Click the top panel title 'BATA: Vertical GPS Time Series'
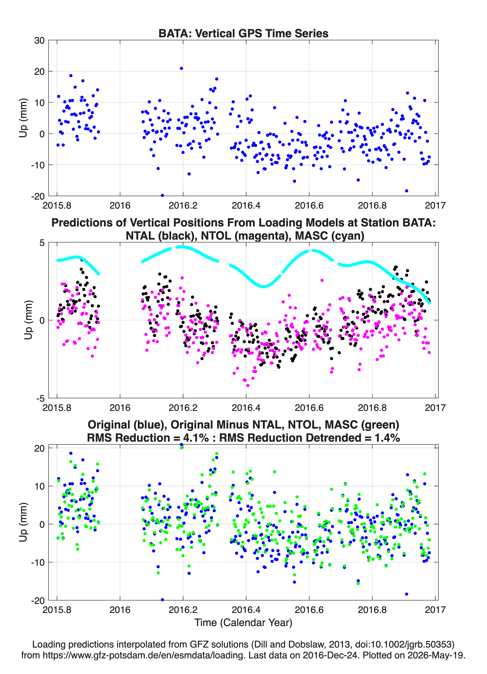[x=243, y=33]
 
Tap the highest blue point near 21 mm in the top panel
[x=181, y=68]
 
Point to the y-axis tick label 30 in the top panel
[x=39, y=40]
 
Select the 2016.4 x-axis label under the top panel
[x=246, y=205]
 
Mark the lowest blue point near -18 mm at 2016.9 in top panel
[x=407, y=191]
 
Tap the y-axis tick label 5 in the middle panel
[x=42, y=243]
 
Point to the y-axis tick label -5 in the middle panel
[x=40, y=398]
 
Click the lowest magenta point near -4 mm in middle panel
[x=248, y=385]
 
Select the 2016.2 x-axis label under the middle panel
[x=183, y=408]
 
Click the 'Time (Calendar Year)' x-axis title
[x=243, y=623]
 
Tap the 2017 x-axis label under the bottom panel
[x=435, y=610]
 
